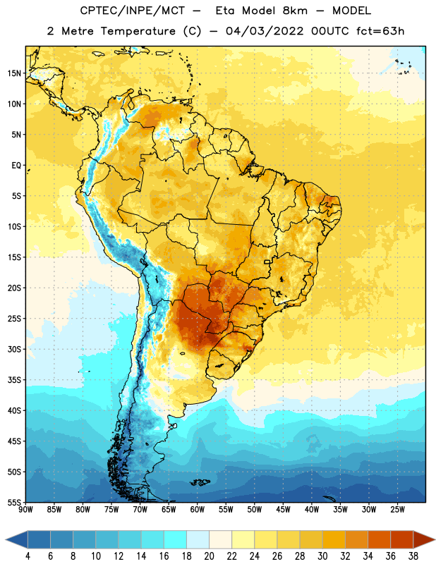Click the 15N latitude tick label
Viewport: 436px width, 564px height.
14,73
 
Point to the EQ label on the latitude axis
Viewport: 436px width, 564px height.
16,166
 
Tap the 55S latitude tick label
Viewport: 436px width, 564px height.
14,502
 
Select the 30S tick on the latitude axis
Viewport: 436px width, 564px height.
14,349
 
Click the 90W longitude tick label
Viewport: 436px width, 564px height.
25,510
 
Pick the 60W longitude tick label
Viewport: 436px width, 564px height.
198,510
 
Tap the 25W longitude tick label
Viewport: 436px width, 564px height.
397,510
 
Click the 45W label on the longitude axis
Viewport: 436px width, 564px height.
283,510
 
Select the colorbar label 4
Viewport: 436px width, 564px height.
28,556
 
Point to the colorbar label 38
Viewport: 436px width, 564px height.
413,556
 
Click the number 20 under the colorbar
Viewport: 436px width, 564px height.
209,556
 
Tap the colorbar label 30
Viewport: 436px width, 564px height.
322,556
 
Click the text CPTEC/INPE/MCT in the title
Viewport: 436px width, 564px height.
133,11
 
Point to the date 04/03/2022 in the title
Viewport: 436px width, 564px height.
265,31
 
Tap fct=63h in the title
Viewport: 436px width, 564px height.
380,31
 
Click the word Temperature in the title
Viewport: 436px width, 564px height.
138,31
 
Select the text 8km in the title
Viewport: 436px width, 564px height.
295,11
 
